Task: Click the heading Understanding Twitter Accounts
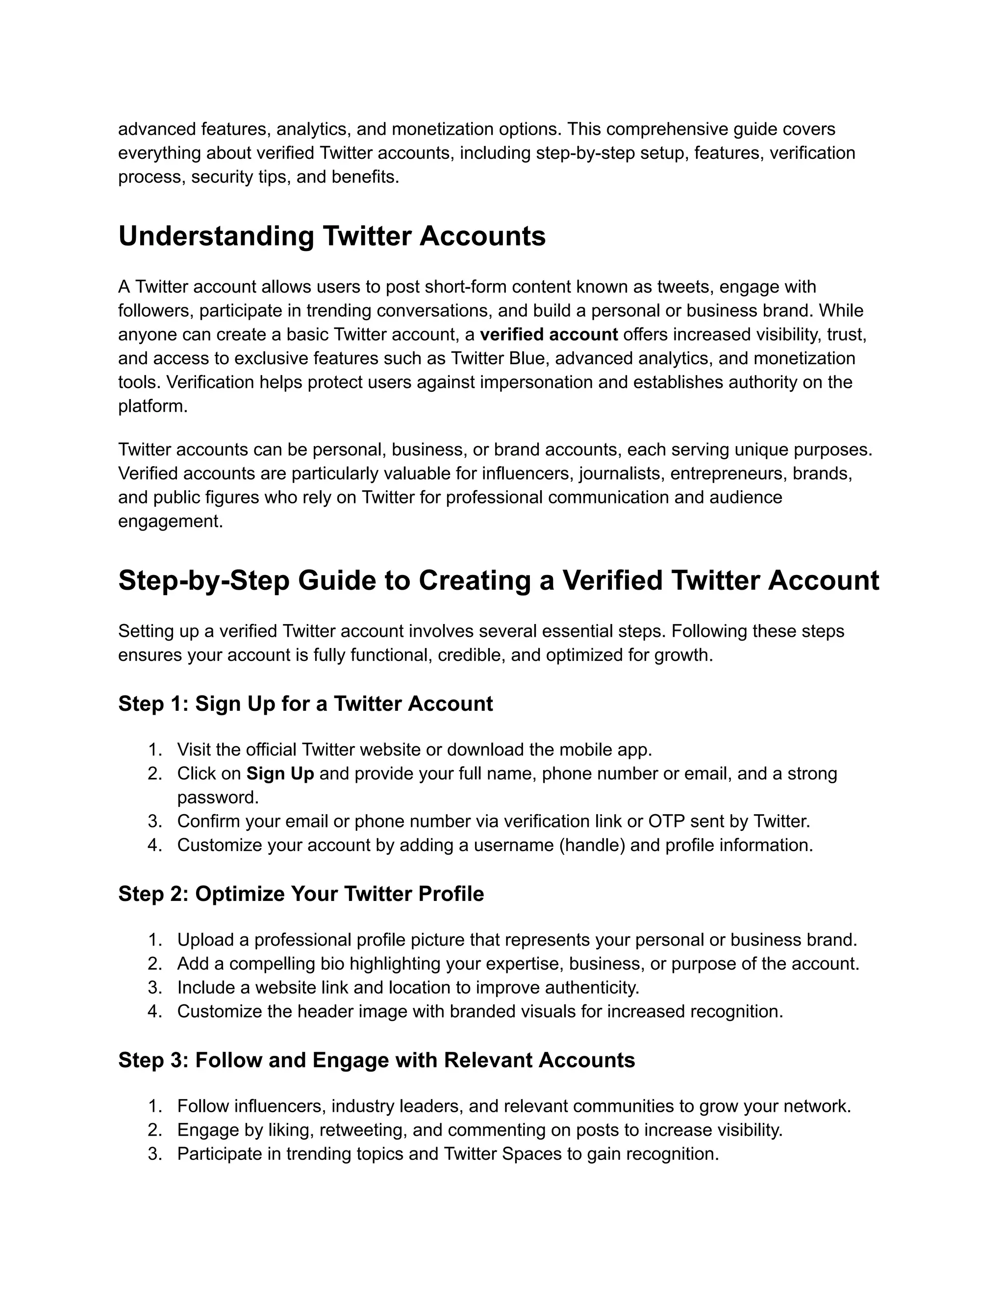coord(332,236)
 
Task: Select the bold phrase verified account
coord(549,335)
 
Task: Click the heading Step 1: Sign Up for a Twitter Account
coord(305,703)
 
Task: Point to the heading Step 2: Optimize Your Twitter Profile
coord(301,894)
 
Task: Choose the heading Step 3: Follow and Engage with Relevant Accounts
coord(376,1060)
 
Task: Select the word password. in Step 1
coord(218,798)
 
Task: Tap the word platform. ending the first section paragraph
coord(153,407)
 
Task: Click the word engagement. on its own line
coord(170,522)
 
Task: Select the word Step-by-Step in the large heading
coord(203,580)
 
